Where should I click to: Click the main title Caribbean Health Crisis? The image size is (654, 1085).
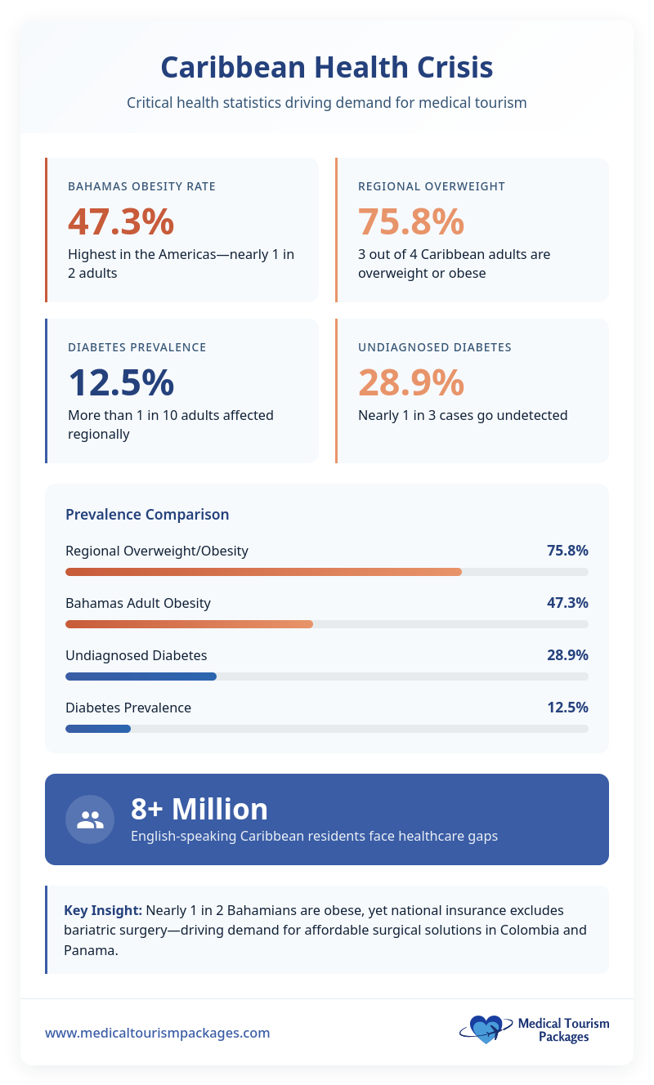326,67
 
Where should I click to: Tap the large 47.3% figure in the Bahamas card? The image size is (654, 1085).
120,221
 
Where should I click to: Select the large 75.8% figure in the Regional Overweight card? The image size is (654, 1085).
410,221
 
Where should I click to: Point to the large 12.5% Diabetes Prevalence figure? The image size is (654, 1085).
120,382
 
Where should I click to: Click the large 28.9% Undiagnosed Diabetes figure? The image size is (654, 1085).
410,382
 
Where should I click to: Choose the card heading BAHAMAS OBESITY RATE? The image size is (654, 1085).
141,186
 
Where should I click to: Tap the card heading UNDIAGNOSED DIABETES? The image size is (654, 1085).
434,347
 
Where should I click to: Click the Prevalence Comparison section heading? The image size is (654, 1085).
147,514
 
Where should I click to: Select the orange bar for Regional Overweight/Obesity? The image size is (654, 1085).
263,572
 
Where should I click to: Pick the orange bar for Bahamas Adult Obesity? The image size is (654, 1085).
189,624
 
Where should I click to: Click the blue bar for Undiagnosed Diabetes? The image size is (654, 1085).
141,676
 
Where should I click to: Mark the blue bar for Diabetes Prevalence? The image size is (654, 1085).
98,729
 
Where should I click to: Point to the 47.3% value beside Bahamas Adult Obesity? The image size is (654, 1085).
567,603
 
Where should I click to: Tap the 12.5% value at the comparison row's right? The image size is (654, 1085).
567,708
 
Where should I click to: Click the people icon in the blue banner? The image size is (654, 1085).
90,819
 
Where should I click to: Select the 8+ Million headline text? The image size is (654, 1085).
199,809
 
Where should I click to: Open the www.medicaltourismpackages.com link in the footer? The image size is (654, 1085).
157,1033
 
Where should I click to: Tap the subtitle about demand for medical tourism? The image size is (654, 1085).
326,104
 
